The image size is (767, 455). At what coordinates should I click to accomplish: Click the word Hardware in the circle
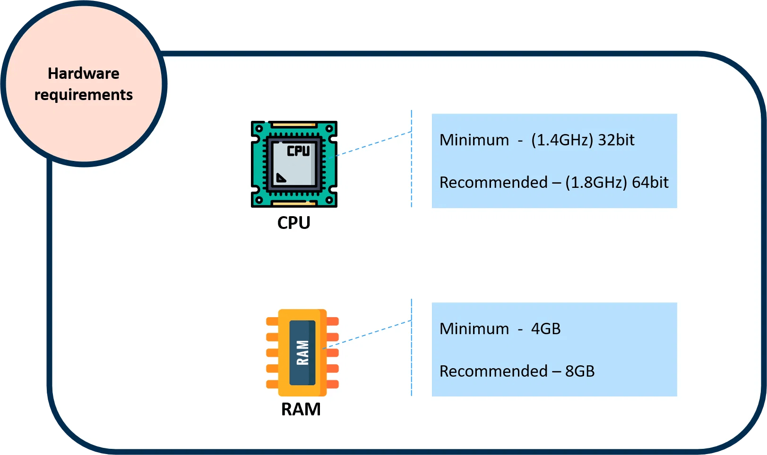(84, 74)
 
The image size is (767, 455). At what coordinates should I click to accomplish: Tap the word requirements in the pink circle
(84, 95)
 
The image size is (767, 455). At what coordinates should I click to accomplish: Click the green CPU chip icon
(294, 164)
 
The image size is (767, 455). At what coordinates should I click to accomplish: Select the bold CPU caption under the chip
(293, 223)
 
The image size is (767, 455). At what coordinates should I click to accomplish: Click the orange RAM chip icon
(302, 353)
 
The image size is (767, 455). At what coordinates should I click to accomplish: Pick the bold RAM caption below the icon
(301, 409)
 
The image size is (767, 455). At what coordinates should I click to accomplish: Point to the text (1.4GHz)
(562, 140)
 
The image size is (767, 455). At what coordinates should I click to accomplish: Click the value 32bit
(616, 140)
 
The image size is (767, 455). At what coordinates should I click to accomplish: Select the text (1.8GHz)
(596, 183)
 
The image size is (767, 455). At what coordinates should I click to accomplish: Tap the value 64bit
(650, 183)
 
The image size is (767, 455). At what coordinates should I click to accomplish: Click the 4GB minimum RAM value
(546, 329)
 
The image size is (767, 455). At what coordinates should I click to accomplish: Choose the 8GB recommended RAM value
(580, 371)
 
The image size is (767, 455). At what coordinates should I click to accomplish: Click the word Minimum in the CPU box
(474, 140)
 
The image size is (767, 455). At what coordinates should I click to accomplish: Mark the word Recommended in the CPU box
(493, 183)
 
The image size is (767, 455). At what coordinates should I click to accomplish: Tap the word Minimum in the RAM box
(474, 329)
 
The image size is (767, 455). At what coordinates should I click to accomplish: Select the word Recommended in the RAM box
(493, 371)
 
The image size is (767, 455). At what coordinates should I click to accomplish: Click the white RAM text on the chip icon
(302, 353)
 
